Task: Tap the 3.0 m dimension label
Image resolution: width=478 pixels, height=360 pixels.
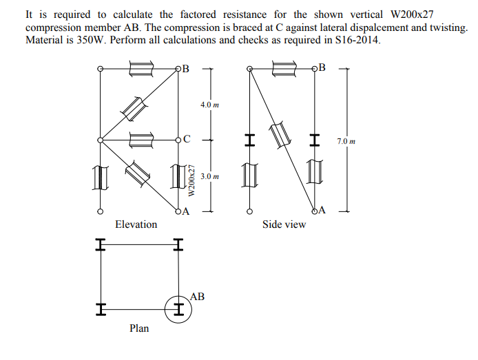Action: (209, 177)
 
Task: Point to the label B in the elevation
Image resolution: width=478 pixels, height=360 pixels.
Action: (186, 67)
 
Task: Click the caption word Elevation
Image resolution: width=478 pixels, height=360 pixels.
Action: (136, 224)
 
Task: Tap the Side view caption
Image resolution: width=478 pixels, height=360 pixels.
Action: (284, 224)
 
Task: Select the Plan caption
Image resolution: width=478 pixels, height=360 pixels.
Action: (139, 328)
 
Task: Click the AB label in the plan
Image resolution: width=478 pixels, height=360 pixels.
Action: (197, 297)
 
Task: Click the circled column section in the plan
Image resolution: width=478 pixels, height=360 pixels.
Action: (178, 308)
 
